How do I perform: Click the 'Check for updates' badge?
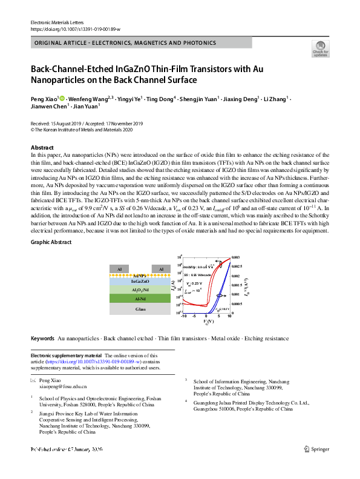tap(319, 48)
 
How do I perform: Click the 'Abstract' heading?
tap(42, 148)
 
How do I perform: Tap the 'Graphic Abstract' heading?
tap(51, 242)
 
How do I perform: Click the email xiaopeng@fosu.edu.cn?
tap(63, 386)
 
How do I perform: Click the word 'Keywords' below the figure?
tap(42, 338)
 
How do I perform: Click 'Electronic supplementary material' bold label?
tap(66, 355)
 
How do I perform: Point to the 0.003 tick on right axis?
tap(236, 258)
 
